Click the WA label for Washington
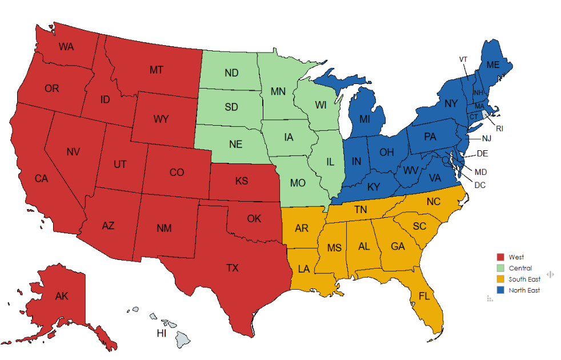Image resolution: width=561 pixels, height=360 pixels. [x=66, y=46]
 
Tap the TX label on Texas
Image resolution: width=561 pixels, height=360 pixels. [x=233, y=267]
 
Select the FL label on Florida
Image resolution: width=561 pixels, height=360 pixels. [x=424, y=296]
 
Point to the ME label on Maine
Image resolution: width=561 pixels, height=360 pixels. [x=492, y=66]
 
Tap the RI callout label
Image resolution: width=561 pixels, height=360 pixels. [x=499, y=128]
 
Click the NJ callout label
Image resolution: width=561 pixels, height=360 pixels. [x=486, y=138]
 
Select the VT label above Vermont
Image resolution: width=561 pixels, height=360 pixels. [x=463, y=59]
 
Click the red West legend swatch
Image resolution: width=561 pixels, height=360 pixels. [x=500, y=257]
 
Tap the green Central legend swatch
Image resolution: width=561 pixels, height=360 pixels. [x=500, y=268]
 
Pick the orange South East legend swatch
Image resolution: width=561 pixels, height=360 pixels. [x=500, y=279]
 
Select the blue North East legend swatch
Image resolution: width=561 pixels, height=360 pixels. [x=500, y=290]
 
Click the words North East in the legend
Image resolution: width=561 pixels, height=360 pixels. [x=524, y=290]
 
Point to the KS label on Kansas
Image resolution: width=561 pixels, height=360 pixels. [x=242, y=181]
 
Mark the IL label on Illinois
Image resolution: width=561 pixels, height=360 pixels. [x=330, y=162]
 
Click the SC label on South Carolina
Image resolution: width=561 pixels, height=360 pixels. [x=419, y=226]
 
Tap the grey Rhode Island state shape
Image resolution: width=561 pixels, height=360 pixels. [x=486, y=114]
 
